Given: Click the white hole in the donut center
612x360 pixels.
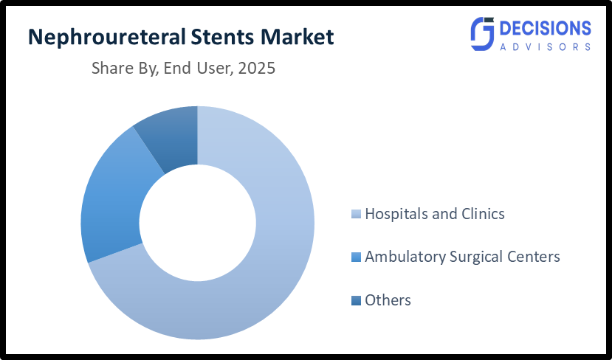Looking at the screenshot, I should [197, 223].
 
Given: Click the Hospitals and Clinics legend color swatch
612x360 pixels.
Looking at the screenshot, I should [357, 215].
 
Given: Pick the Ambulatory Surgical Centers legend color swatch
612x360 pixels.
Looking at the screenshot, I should [357, 257].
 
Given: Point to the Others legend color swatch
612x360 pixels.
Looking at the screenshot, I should [357, 301].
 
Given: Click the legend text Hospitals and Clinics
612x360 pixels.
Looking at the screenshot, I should [435, 214].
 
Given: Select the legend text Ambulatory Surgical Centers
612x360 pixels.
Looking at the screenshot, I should [462, 257].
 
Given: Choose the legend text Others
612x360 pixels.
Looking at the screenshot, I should [388, 300].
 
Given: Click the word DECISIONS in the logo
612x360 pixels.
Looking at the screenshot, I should [546, 28].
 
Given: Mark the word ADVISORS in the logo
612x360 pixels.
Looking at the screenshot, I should [546, 46].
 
